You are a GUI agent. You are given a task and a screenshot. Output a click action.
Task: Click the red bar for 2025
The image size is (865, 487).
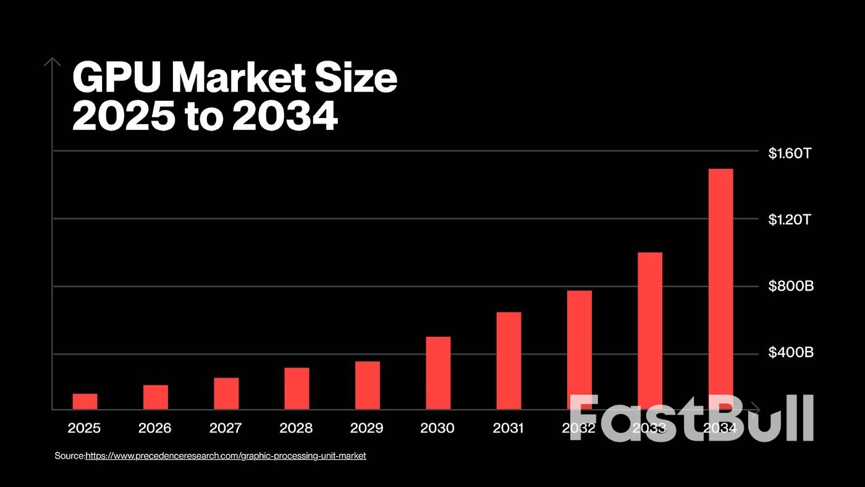85,402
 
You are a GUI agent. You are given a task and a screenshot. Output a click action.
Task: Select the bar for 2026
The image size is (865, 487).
156,397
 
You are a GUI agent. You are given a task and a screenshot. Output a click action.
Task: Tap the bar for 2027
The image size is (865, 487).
226,394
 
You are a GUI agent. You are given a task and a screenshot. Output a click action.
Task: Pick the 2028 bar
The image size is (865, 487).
297,389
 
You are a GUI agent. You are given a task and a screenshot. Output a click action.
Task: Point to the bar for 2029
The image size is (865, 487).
368,386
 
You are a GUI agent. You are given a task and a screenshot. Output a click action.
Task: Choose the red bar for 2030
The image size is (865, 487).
438,373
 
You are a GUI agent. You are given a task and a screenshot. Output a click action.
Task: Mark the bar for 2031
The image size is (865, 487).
508,361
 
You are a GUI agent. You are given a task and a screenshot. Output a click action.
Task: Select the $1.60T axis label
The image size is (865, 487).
789,153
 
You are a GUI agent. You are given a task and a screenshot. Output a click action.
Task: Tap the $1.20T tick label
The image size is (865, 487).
789,220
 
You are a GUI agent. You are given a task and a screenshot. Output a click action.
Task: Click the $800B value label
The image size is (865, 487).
791,287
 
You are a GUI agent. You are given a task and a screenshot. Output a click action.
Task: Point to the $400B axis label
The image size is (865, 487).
791,354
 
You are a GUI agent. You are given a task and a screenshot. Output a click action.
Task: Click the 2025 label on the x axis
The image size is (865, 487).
84,428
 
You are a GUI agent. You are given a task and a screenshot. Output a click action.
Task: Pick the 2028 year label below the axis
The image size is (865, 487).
296,428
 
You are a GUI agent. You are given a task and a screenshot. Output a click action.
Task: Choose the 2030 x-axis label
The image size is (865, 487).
437,428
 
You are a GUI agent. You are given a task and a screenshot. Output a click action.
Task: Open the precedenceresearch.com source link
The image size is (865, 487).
226,455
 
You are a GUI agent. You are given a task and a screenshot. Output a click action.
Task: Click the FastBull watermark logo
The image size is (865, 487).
691,418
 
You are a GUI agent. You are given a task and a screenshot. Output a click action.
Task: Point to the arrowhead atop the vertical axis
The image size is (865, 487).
53,61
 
